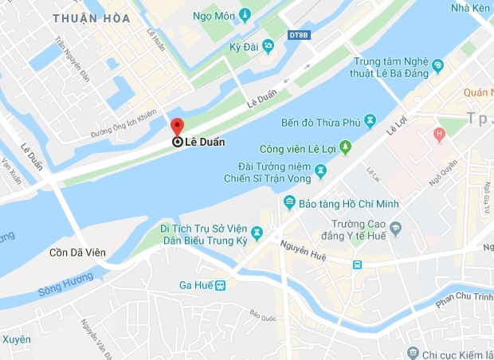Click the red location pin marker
coord(178,127)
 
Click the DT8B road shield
coord(298,34)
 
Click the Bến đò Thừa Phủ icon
coord(370,121)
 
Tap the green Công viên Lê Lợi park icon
coord(345,147)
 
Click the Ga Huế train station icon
coord(220,285)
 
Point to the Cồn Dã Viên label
coord(76,253)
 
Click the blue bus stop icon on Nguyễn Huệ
coord(359,264)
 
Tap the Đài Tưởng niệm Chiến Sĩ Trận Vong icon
coord(320,170)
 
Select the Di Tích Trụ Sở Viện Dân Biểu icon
coord(257,233)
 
